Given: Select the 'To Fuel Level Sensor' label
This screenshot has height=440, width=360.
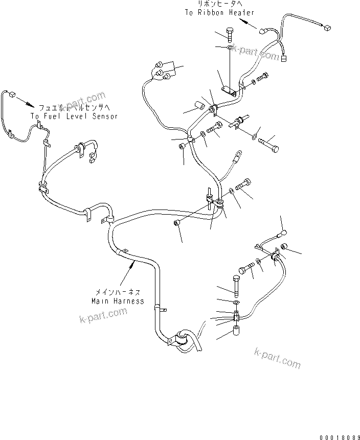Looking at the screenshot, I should click(74, 117).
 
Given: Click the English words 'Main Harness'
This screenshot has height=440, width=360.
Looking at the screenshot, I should click(118, 301).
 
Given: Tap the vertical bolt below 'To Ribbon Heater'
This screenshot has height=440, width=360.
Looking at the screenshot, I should click(229, 36).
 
